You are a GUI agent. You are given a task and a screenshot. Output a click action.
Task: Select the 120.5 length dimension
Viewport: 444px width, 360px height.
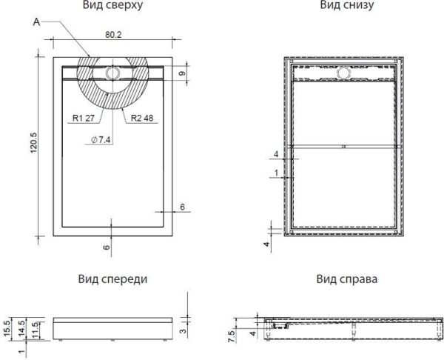coord(31,144)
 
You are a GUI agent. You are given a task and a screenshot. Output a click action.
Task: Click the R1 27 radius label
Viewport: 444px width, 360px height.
coord(84,117)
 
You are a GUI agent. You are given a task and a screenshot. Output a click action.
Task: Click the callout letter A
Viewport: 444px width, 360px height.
coord(37,23)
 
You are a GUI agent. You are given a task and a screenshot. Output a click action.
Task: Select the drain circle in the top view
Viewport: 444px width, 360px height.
coord(112,73)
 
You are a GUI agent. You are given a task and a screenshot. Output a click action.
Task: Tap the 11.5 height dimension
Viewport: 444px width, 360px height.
coord(35,327)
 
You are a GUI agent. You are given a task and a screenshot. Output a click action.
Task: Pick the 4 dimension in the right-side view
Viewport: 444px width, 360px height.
coord(252,334)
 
